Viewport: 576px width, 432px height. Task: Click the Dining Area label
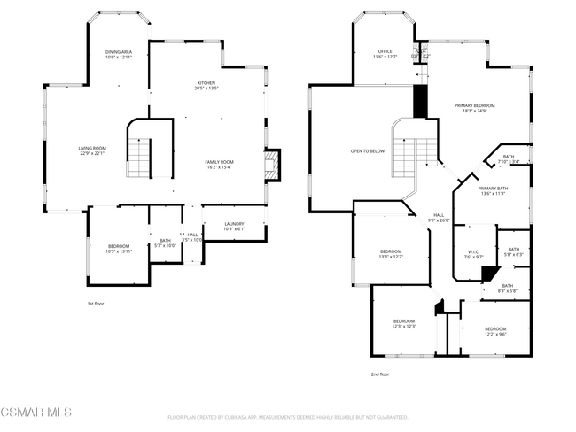click(119, 55)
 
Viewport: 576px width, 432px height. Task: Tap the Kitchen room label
click(206, 86)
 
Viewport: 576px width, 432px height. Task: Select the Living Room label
click(92, 151)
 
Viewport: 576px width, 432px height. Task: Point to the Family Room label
click(219, 165)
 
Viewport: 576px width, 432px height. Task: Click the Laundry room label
click(234, 227)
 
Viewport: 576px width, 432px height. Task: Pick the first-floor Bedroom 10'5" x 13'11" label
click(119, 249)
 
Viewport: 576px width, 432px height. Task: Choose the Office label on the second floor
click(385, 54)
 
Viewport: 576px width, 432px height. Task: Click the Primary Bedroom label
click(474, 108)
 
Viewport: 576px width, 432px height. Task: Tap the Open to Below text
click(367, 151)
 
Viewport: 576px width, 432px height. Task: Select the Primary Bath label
click(493, 190)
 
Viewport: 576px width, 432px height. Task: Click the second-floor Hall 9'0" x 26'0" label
click(438, 218)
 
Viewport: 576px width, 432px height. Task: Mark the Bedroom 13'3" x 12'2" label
click(392, 254)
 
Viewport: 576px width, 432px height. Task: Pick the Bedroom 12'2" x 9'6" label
click(495, 331)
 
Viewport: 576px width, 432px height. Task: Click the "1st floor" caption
click(96, 304)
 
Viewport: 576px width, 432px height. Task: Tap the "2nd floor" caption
click(379, 374)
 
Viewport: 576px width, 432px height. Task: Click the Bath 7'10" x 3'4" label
click(509, 160)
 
